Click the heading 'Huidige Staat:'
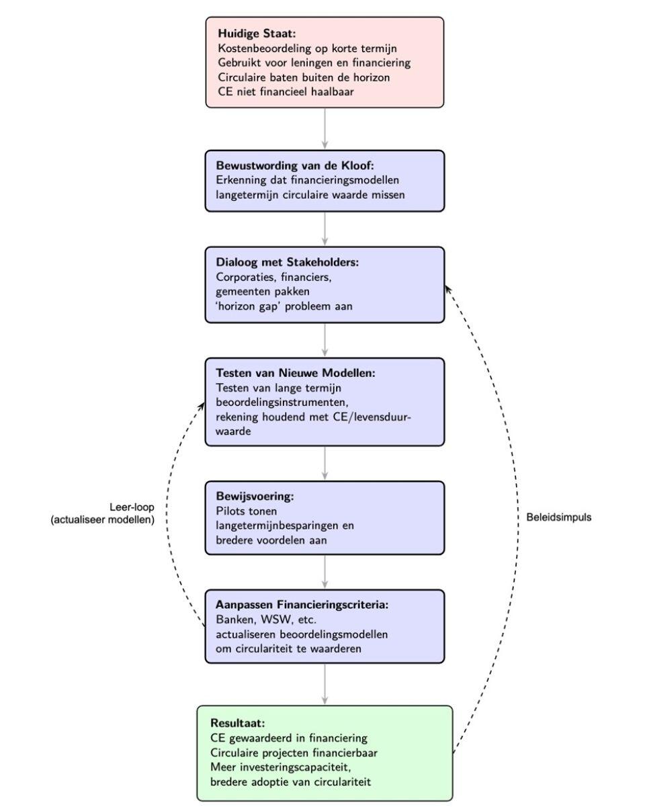tap(252, 33)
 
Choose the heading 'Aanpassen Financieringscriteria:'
tap(302, 605)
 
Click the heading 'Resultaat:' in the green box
tap(237, 723)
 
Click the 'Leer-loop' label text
tap(132, 507)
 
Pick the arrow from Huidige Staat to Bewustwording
tap(325, 128)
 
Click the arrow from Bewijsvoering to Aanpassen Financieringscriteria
tap(325, 572)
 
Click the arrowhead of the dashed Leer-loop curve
tap(202, 404)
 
